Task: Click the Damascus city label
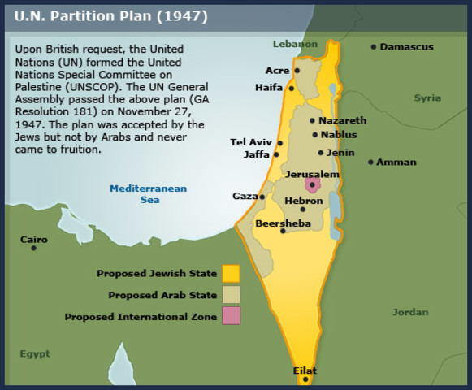click(406, 47)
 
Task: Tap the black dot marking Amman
click(370, 162)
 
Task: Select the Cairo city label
click(34, 240)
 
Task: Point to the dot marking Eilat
click(305, 379)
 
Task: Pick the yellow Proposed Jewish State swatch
click(231, 273)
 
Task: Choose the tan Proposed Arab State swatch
click(231, 294)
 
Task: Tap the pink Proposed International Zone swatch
click(231, 316)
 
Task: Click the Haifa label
click(268, 88)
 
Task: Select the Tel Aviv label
click(250, 142)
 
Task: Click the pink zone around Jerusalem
click(312, 186)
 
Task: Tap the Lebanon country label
click(296, 43)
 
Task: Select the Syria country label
click(427, 97)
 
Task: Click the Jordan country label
click(410, 312)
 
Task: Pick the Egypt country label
click(35, 354)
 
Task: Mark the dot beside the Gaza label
click(262, 197)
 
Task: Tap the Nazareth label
click(342, 120)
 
